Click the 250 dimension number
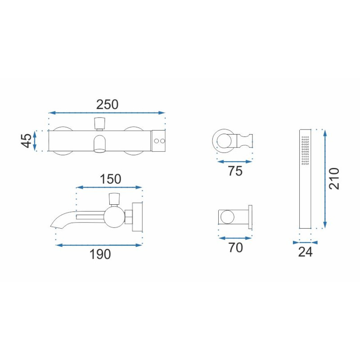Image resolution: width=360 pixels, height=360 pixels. (107, 104)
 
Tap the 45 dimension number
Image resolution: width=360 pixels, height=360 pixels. (27, 140)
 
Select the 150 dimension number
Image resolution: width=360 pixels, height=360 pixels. (110, 179)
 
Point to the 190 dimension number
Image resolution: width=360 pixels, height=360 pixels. (100, 254)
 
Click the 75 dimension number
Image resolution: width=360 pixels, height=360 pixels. (235, 171)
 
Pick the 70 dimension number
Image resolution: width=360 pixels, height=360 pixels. (235, 247)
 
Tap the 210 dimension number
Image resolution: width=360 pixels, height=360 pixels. (334, 179)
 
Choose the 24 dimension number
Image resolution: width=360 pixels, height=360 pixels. (306, 252)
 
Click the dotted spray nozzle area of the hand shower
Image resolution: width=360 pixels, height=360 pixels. (306, 150)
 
